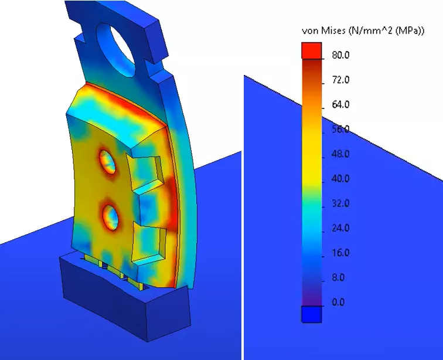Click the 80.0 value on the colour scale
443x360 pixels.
340,55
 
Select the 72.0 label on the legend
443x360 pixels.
340,80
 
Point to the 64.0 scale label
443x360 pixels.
340,104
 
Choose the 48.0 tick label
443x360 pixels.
340,154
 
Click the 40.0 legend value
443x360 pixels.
340,179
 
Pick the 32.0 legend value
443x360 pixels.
340,203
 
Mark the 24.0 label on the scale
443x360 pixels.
340,228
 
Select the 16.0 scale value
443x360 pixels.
340,253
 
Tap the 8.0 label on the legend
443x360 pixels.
338,277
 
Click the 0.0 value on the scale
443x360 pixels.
338,302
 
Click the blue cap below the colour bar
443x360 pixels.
312,315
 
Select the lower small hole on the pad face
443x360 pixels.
111,216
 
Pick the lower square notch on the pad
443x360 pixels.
149,242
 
